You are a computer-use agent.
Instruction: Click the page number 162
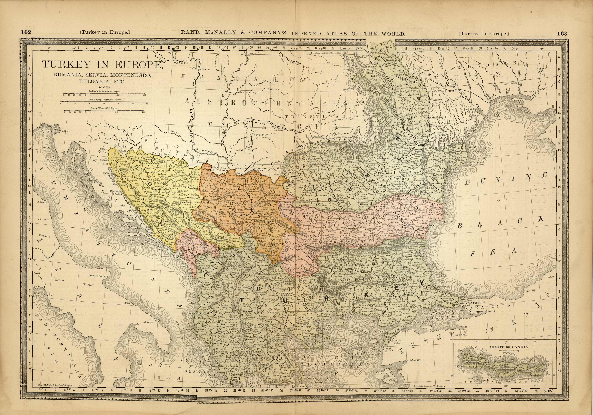point(26,33)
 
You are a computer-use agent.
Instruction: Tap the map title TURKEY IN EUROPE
point(102,65)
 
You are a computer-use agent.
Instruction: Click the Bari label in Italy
point(127,302)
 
